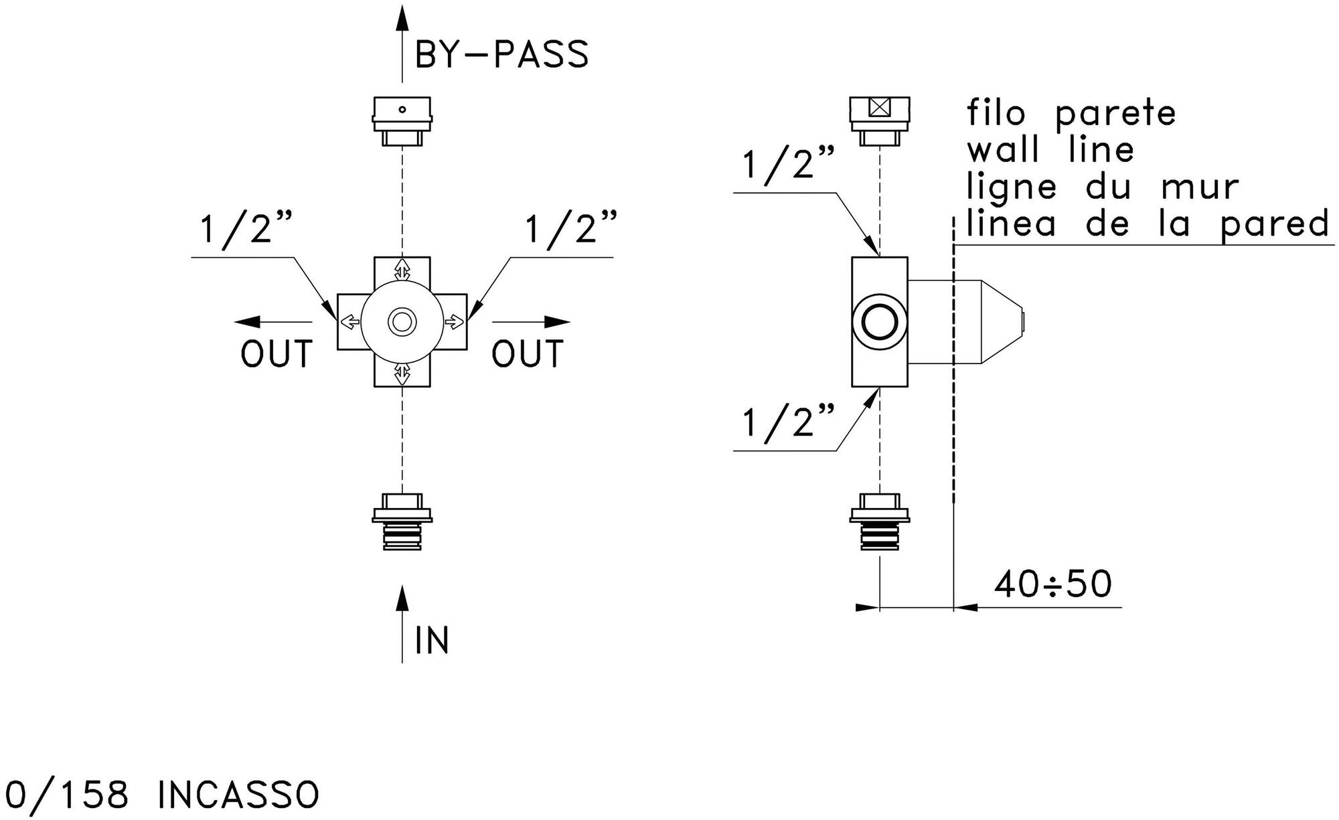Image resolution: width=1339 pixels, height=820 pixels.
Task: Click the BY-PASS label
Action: click(501, 55)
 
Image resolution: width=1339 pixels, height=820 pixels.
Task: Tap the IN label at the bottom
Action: click(432, 641)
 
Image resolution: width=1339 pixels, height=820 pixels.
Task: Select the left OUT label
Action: click(277, 354)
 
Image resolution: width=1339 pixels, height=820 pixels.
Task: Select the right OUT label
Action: click(528, 354)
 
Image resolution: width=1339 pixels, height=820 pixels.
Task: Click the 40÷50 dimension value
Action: click(1052, 584)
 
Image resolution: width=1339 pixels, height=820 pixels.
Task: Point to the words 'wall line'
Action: click(1050, 149)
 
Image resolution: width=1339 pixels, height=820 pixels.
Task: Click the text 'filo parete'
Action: click(1071, 113)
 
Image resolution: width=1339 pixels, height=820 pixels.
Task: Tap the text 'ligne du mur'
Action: click(1102, 187)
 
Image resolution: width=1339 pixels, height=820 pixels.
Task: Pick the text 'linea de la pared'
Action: click(1147, 224)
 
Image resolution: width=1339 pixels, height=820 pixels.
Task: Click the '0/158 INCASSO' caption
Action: click(161, 795)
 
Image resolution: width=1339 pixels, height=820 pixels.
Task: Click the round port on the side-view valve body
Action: click(878, 323)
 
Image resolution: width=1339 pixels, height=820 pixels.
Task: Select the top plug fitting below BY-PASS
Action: click(402, 121)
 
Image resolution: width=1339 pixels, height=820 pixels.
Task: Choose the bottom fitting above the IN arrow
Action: click(402, 521)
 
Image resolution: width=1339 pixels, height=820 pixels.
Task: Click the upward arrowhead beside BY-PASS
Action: click(402, 17)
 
